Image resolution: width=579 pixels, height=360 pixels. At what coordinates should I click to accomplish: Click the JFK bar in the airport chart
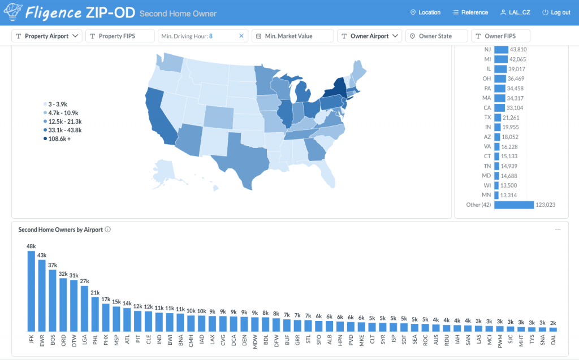[32, 291]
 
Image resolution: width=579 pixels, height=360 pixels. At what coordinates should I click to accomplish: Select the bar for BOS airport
[53, 301]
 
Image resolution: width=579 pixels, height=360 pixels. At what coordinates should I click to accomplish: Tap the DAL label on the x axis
[553, 340]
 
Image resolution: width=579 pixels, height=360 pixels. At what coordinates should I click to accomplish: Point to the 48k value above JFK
[32, 246]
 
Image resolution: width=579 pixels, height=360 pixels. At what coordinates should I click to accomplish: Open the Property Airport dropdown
[47, 36]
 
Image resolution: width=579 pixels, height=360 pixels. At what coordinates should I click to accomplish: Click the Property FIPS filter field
[120, 36]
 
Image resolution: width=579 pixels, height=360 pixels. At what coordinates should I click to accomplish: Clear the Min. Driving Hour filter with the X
[241, 36]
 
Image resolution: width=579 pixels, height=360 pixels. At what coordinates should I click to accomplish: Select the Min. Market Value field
[292, 36]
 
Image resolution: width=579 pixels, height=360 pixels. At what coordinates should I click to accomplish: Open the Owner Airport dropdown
[369, 36]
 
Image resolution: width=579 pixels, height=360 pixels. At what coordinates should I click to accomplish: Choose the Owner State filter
[437, 36]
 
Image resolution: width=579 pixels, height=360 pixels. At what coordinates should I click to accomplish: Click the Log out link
[556, 12]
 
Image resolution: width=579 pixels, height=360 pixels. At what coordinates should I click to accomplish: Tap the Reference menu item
[470, 12]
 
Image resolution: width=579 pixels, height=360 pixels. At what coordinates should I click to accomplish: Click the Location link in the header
[425, 12]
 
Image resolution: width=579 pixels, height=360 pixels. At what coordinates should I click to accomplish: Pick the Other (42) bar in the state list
[514, 205]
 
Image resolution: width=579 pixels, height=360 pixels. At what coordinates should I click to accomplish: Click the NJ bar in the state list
[502, 50]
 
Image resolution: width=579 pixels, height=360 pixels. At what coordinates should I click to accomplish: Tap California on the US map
[158, 116]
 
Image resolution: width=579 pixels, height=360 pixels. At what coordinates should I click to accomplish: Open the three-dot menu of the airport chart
[558, 229]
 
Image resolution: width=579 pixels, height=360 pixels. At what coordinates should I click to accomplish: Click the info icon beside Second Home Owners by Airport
[108, 229]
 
